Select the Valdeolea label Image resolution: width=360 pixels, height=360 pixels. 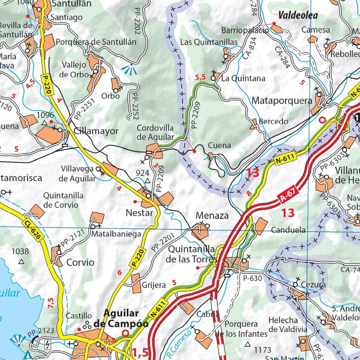[298, 15]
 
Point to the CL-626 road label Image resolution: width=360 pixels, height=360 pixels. [31, 228]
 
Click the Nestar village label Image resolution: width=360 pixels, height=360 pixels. [139, 213]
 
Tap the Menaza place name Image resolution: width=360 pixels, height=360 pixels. [212, 216]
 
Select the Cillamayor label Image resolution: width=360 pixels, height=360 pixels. [96, 131]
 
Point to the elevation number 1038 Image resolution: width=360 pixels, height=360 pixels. [21, 251]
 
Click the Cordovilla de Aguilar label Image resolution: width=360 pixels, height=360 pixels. [155, 132]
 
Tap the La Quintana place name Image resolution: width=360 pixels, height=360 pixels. [243, 78]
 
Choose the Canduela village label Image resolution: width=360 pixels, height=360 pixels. [288, 230]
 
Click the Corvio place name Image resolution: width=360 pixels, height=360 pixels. [80, 262]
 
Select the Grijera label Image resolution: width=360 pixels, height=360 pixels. [153, 285]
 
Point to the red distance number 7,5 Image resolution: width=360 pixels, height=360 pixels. [50, 303]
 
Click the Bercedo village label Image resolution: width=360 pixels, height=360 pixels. [273, 121]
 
